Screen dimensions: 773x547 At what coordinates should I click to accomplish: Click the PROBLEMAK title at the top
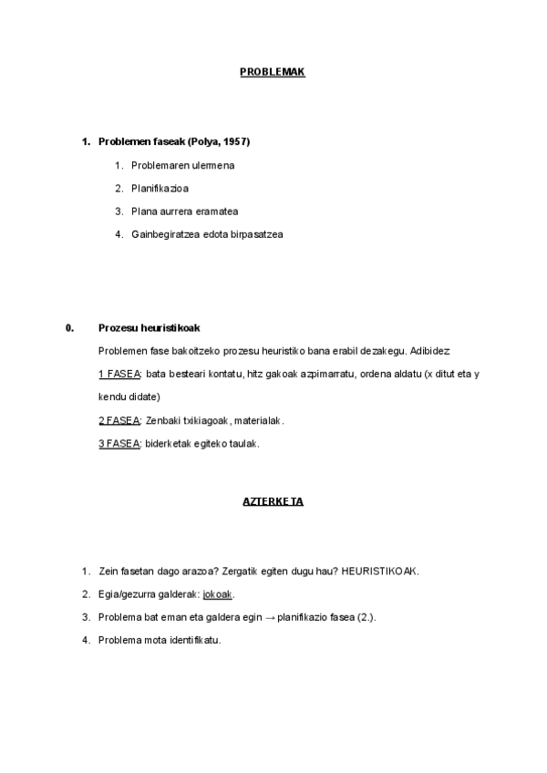[272, 72]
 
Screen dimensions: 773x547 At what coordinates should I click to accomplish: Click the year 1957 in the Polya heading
[235, 142]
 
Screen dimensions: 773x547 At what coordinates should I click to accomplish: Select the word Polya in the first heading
[203, 142]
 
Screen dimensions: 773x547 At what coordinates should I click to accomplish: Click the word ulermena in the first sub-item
[212, 166]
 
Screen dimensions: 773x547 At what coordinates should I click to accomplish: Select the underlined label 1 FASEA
[119, 375]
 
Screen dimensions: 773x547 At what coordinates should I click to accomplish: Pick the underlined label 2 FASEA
[119, 421]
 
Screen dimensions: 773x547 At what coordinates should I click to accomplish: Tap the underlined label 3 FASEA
[119, 444]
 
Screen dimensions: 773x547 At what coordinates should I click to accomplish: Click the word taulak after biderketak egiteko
[245, 444]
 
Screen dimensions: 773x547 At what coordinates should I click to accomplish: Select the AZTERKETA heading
[273, 502]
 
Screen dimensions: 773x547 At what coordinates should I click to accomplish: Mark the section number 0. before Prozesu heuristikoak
[69, 328]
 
